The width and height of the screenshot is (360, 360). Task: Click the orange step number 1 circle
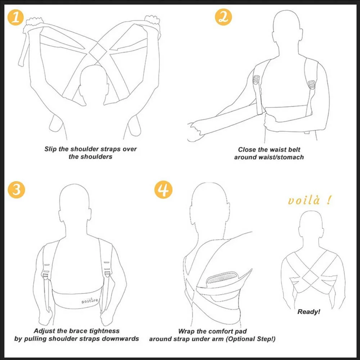click(x=16, y=18)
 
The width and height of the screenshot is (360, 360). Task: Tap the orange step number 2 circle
click(x=223, y=18)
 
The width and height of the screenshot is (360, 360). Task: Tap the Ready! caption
click(x=309, y=312)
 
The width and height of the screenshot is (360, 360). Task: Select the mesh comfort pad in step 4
click(x=221, y=278)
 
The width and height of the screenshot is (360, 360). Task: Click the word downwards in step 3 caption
click(x=121, y=338)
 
